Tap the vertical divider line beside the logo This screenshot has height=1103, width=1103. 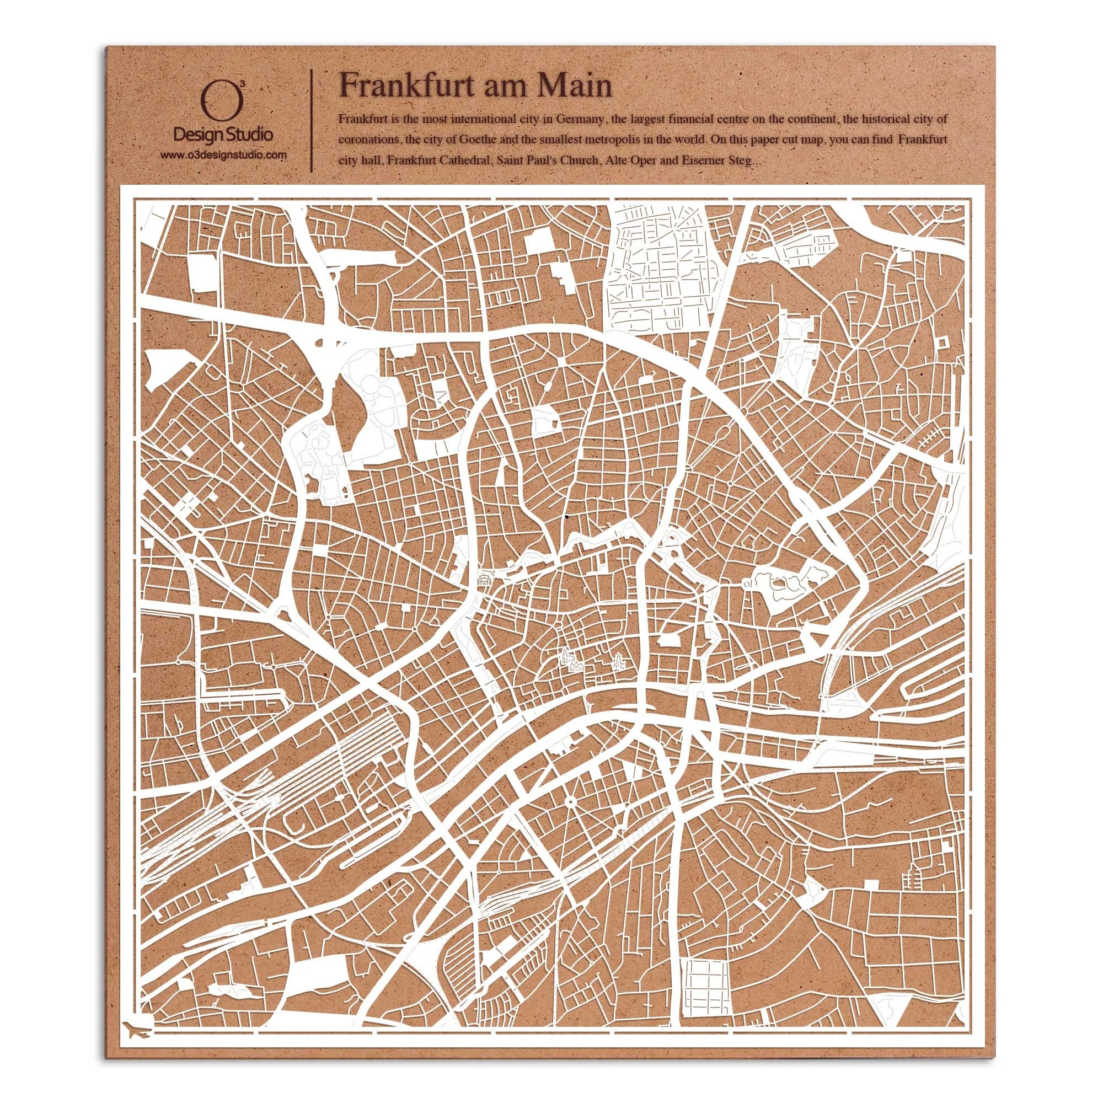tap(311, 120)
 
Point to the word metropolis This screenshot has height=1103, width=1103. tap(666, 141)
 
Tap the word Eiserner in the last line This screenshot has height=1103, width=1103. tap(701, 162)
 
